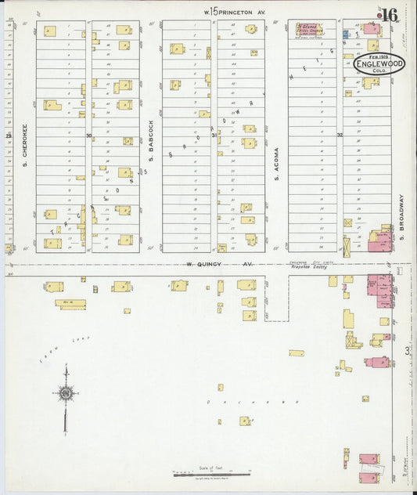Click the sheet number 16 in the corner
pyautogui.click(x=390, y=14)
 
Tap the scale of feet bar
pyautogui.click(x=211, y=474)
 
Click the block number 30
pyautogui.click(x=88, y=136)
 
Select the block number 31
pyautogui.click(x=214, y=135)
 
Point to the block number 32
pyautogui.click(x=340, y=135)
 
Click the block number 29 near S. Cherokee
pyautogui.click(x=9, y=136)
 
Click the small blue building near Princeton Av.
pyautogui.click(x=347, y=34)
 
